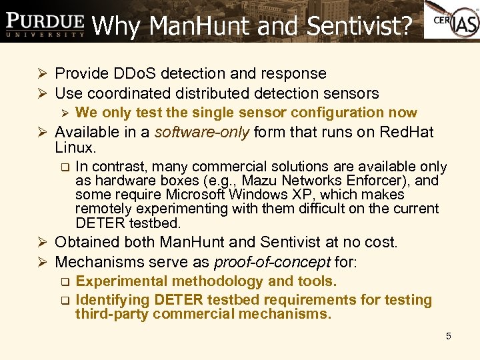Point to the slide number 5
(x=449, y=336)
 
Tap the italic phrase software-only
(x=199, y=132)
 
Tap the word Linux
(x=75, y=147)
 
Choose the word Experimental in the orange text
(x=122, y=281)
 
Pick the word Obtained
(x=85, y=242)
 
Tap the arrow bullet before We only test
(x=65, y=113)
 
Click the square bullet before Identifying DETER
(x=65, y=301)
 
